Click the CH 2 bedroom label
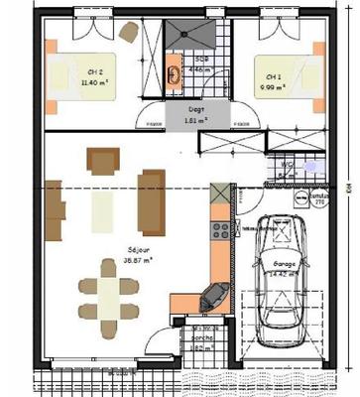94,72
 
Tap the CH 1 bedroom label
272,75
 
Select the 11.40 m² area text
95,84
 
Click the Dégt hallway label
195,109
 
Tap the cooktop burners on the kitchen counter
220,229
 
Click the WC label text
285,164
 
